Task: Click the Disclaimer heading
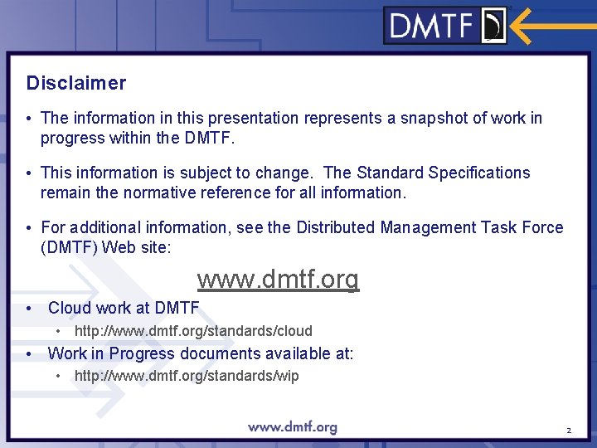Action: [76, 83]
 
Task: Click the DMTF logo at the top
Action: [446, 26]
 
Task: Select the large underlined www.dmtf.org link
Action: [278, 280]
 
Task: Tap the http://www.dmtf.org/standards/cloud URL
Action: [193, 331]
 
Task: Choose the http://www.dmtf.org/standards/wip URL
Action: [187, 376]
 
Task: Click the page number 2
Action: [569, 431]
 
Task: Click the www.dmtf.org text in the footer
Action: [293, 427]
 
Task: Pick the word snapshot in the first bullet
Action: [434, 118]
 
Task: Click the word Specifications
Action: [479, 173]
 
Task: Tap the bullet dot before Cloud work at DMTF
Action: [29, 308]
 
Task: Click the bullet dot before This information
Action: [29, 173]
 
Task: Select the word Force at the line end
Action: [542, 227]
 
